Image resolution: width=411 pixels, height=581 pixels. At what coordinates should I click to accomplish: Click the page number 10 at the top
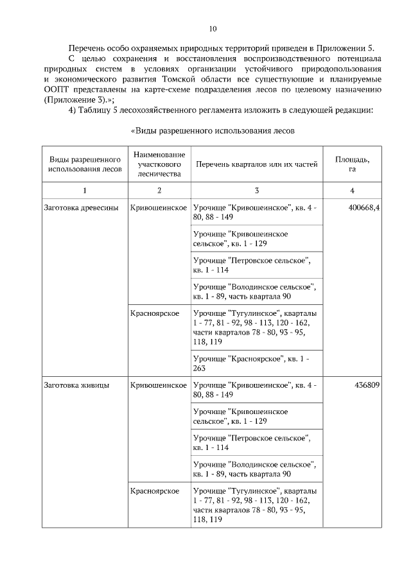click(213, 28)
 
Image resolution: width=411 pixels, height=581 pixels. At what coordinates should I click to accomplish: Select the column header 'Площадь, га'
click(352, 164)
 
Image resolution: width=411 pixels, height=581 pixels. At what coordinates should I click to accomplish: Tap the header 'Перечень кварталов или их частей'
click(256, 165)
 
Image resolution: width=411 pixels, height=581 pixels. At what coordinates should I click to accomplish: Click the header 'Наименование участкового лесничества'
click(159, 164)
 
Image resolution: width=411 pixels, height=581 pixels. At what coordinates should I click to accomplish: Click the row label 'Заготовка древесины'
click(80, 208)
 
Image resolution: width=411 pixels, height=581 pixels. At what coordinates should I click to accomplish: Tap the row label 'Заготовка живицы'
click(75, 386)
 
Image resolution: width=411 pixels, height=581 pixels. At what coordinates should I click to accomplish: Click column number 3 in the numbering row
click(257, 191)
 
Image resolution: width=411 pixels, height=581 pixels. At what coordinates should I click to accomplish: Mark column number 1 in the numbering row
click(84, 191)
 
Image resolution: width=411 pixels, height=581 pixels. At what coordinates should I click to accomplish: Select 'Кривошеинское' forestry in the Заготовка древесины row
click(159, 208)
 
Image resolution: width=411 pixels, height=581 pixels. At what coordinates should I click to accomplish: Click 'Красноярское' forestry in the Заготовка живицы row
click(154, 491)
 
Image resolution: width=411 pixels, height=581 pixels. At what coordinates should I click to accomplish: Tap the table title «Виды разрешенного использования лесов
click(213, 131)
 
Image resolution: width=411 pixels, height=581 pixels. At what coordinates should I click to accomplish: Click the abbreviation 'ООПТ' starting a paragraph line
click(55, 90)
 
